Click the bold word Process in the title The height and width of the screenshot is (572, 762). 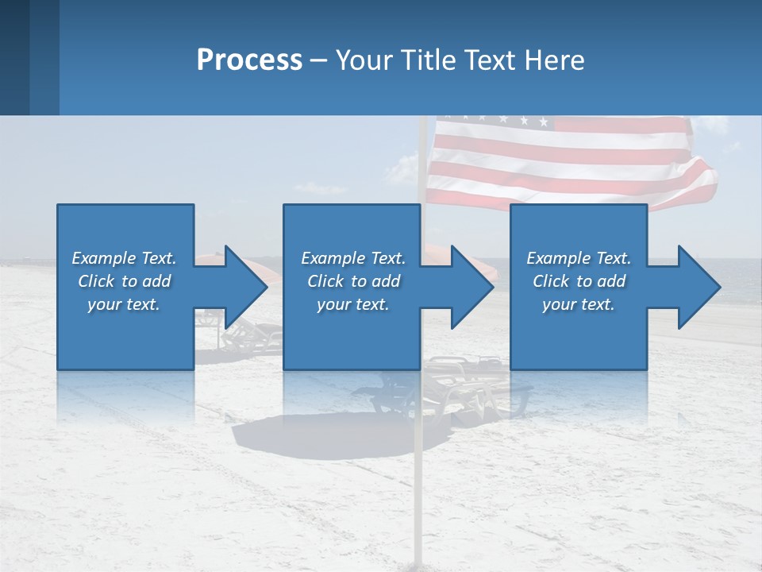tap(249, 60)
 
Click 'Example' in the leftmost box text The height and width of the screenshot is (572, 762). tap(104, 258)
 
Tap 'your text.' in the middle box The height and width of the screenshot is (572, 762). tap(352, 304)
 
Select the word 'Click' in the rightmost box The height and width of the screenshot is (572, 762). tap(551, 281)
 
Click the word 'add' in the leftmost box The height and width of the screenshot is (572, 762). tap(156, 281)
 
